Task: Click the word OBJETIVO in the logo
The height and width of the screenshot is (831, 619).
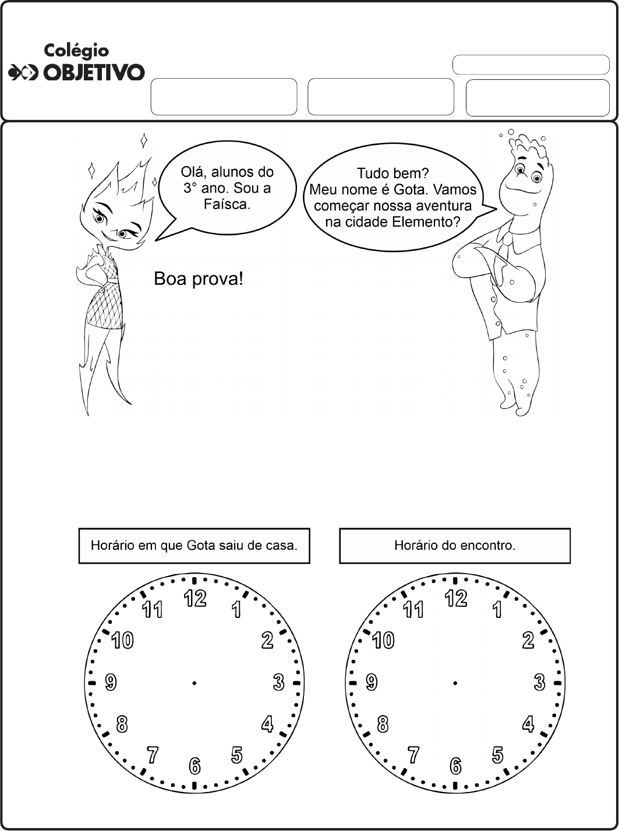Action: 94,72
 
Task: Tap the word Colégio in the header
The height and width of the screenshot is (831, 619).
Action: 76,51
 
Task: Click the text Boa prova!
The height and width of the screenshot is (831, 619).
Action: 198,280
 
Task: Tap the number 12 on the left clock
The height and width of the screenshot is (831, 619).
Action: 196,598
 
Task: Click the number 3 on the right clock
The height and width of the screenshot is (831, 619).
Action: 539,682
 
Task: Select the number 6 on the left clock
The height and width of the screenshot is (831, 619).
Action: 194,766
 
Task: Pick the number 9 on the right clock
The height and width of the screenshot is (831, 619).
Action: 372,682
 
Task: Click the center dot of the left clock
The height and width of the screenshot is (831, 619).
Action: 194,683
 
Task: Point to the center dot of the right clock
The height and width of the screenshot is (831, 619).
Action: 455,683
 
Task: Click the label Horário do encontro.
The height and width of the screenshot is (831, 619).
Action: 455,546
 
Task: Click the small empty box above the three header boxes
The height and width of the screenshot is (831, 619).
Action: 530,65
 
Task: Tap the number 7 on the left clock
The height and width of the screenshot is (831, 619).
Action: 153,755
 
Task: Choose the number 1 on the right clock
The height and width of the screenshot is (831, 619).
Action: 497,610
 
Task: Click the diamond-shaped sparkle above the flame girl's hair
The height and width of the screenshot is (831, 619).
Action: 144,140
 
